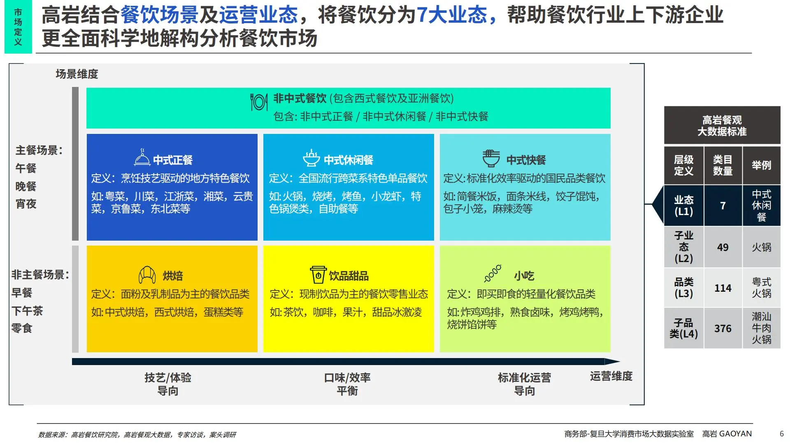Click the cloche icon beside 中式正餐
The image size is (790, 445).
[x=142, y=157]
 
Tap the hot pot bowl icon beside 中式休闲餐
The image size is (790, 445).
[x=311, y=158]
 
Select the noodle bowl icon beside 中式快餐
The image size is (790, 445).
[x=491, y=158]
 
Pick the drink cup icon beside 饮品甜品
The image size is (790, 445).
[x=318, y=274]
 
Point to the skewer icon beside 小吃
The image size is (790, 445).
[x=493, y=273]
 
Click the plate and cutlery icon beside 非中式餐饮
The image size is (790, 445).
[x=259, y=102]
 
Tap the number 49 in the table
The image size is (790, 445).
[x=723, y=247]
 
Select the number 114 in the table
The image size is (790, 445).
[x=723, y=288]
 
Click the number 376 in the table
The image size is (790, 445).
[x=723, y=328]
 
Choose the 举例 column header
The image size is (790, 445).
[x=761, y=165]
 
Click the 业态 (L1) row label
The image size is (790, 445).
[x=683, y=206]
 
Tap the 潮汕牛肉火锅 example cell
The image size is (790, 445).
[x=761, y=328]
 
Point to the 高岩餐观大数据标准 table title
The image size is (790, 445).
[x=722, y=126]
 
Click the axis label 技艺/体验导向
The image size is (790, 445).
[x=167, y=384]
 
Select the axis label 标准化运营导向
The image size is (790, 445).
[x=524, y=384]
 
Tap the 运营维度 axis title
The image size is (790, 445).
[x=611, y=376]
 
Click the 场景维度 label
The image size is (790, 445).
[x=77, y=74]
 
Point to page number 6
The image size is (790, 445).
[x=781, y=434]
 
